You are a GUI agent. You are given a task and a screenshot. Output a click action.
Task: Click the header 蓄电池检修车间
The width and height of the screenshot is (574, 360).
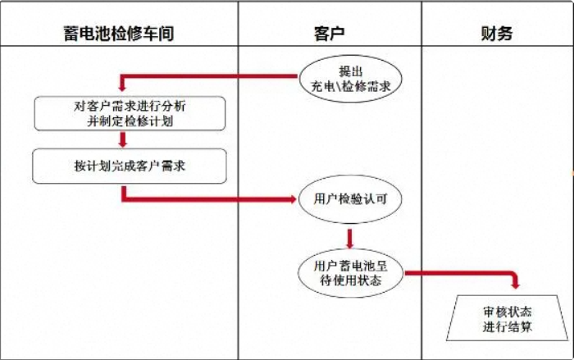click(118, 34)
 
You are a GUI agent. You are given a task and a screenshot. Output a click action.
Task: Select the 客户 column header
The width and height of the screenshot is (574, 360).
click(329, 34)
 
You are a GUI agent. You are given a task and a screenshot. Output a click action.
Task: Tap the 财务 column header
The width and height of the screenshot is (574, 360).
click(496, 34)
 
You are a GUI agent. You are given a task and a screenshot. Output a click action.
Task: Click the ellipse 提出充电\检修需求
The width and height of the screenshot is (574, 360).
click(350, 79)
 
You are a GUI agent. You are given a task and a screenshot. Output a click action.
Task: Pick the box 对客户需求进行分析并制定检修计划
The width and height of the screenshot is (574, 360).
click(130, 113)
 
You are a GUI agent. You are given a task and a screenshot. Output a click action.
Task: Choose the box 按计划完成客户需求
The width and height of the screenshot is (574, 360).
click(130, 166)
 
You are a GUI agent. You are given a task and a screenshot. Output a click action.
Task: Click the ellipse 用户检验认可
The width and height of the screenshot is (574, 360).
click(350, 198)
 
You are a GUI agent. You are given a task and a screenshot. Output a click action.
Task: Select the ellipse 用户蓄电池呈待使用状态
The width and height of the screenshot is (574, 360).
click(350, 273)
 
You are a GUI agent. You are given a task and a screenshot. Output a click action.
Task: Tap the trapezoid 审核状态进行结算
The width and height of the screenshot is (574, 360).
click(507, 318)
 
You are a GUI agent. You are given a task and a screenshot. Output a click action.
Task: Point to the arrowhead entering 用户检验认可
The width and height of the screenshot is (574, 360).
click(293, 199)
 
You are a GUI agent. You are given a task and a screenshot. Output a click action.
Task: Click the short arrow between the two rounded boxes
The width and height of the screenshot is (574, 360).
click(123, 140)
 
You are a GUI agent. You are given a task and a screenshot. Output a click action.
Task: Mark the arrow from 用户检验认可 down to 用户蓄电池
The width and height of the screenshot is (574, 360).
click(350, 239)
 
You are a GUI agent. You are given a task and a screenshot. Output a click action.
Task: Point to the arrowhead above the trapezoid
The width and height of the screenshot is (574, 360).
click(516, 285)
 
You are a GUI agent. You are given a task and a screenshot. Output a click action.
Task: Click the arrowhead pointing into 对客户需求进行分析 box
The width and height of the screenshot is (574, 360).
click(122, 87)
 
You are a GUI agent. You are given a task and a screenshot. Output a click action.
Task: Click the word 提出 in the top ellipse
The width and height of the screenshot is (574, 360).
click(350, 71)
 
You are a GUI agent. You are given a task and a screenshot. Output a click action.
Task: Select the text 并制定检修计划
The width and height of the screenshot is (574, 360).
click(130, 121)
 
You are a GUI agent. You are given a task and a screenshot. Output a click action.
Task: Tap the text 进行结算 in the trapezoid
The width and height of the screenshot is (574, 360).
click(507, 326)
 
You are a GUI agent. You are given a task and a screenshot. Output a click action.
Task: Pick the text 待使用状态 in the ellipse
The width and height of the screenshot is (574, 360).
click(351, 280)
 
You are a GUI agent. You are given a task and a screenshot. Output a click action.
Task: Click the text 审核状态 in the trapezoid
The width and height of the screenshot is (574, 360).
click(507, 312)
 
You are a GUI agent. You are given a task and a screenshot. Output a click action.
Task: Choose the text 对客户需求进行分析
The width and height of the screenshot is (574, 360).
click(130, 107)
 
